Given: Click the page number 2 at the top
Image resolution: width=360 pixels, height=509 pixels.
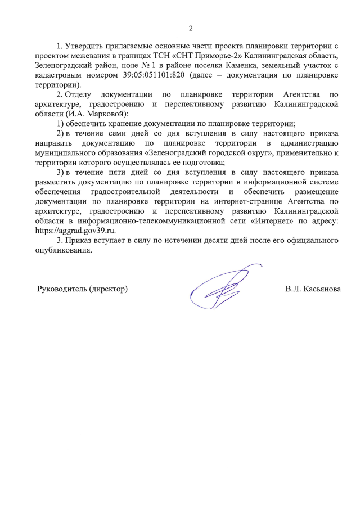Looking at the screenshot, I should pyautogui.click(x=191, y=28).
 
